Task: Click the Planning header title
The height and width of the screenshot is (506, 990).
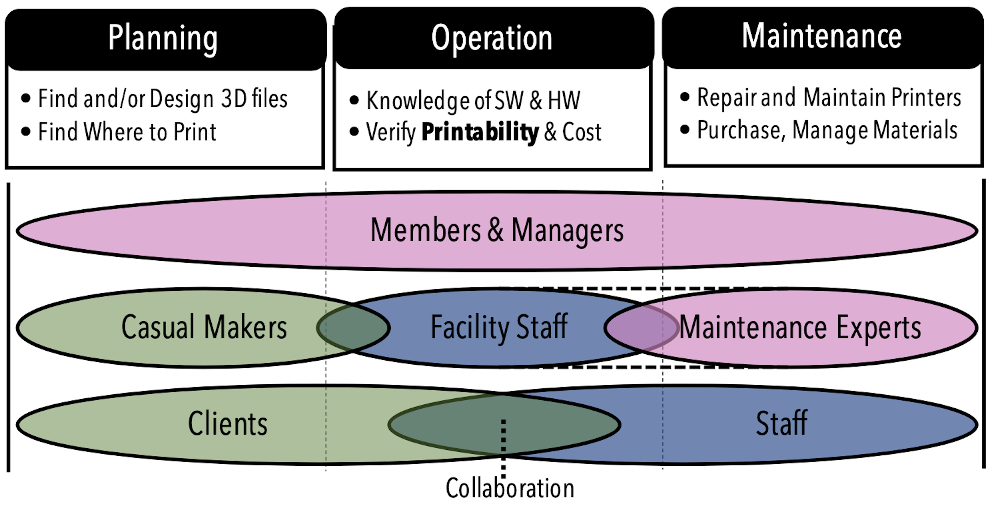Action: click(x=162, y=38)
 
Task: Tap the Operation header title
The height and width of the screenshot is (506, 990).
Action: click(x=491, y=38)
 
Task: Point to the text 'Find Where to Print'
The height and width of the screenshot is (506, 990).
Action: click(x=127, y=132)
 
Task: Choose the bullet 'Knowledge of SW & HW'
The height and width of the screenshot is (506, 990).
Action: click(x=473, y=101)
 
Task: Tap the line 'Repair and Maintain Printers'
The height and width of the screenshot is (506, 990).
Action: click(x=829, y=97)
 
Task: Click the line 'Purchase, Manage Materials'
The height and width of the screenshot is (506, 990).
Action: click(x=827, y=130)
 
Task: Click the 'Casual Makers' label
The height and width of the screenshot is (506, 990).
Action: click(x=204, y=327)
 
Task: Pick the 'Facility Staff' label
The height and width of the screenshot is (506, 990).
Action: click(x=499, y=327)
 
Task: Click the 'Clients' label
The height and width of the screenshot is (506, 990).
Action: click(x=228, y=424)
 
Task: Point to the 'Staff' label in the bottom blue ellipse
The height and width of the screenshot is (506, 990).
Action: click(x=781, y=424)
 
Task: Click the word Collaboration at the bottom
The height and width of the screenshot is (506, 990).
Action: click(x=510, y=488)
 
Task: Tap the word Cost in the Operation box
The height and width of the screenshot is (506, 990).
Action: click(x=581, y=132)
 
